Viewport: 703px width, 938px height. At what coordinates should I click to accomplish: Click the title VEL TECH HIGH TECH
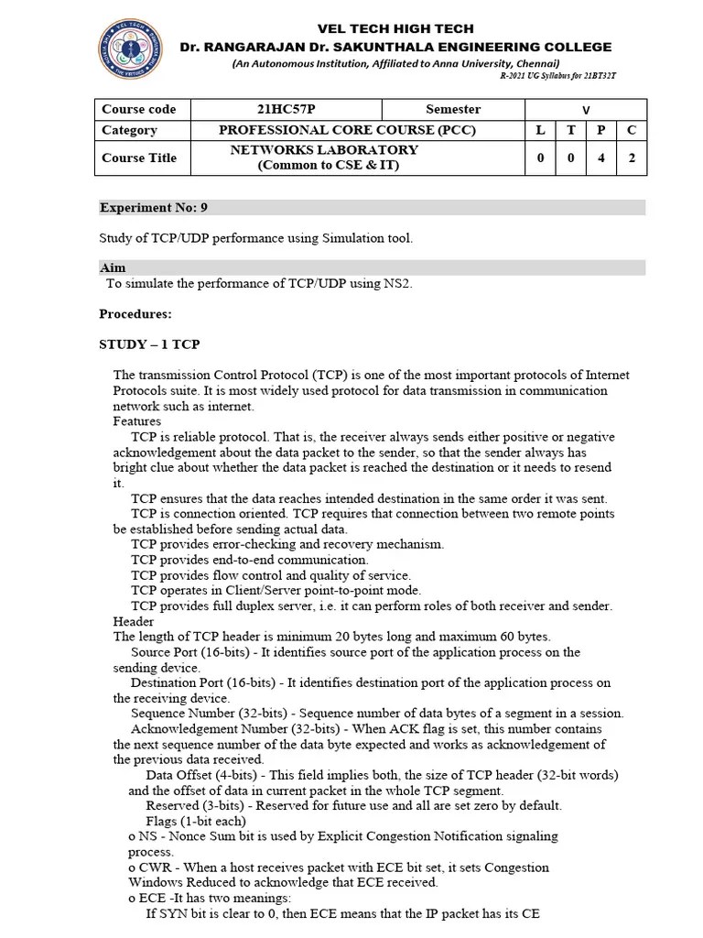[395, 29]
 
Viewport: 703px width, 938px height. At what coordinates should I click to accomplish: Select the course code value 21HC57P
[286, 109]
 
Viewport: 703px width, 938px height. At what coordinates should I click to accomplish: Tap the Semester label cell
[452, 109]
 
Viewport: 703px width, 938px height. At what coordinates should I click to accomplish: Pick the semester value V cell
[586, 110]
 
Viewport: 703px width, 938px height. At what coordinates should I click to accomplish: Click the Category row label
[129, 130]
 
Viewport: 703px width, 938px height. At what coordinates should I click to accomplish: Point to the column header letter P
[601, 130]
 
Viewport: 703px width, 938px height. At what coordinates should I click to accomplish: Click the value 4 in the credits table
[601, 158]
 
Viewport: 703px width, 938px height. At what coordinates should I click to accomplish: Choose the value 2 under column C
[631, 158]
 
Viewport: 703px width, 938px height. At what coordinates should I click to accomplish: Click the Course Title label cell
[139, 158]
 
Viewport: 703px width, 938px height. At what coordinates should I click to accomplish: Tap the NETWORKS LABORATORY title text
[324, 150]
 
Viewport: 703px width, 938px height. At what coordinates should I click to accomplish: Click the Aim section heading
[112, 268]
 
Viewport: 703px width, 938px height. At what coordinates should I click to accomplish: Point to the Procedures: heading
[135, 314]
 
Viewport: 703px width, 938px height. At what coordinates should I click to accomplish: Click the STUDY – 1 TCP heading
[149, 344]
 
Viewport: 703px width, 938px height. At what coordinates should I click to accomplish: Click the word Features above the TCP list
[137, 421]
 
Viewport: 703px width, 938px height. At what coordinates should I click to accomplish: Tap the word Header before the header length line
[134, 621]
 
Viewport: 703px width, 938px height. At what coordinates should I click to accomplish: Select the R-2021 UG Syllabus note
[557, 75]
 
